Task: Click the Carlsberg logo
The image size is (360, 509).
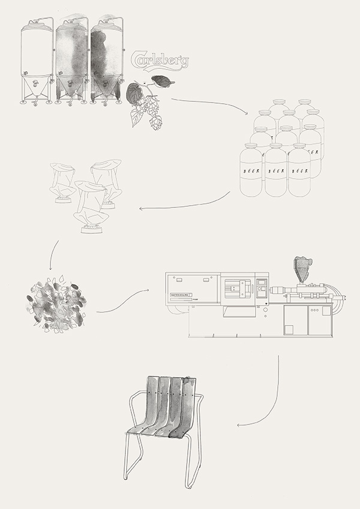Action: point(159,61)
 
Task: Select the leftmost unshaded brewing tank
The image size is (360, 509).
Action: point(37,60)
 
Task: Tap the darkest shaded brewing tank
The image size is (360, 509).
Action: point(107,60)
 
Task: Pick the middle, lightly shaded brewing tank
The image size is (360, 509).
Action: point(72,60)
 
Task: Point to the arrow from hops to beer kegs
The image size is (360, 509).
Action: point(210,103)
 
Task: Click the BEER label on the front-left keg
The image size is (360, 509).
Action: point(251,171)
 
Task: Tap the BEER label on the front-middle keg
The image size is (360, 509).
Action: point(275,171)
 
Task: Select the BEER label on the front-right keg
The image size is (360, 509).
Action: point(299,171)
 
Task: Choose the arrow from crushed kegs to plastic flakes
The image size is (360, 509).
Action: point(52,255)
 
